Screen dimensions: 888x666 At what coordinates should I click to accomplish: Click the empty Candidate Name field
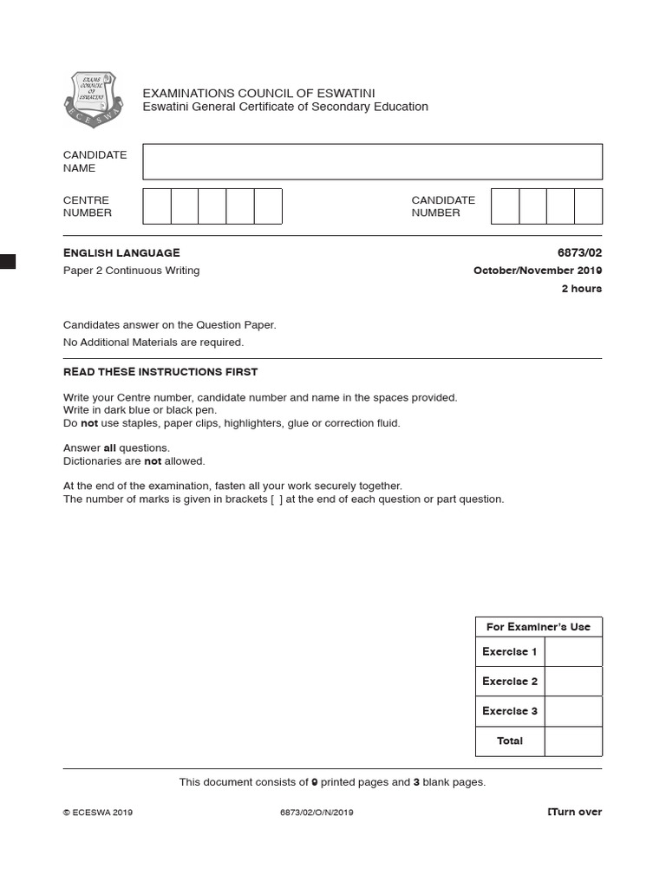[x=372, y=162]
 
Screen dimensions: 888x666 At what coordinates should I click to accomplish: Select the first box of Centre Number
[x=157, y=206]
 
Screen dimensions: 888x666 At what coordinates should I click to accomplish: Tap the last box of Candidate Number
[x=588, y=206]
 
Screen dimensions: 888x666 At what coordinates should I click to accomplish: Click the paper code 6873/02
[x=579, y=252]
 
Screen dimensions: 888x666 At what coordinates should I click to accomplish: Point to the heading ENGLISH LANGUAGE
[x=121, y=252]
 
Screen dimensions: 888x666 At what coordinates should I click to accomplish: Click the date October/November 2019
[x=537, y=271]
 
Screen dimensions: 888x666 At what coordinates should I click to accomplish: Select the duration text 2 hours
[x=581, y=289]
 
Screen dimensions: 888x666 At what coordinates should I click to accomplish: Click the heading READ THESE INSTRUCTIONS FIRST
[x=160, y=372]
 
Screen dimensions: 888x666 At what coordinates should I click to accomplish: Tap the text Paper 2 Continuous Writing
[x=131, y=271]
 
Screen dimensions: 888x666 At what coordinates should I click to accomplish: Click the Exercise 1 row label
[x=510, y=652]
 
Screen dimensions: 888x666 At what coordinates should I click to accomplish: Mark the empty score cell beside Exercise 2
[x=573, y=682]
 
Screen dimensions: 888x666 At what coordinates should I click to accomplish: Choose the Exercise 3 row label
[x=510, y=711]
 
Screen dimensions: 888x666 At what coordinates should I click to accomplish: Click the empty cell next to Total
[x=573, y=741]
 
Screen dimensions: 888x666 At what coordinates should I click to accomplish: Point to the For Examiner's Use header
[x=538, y=627]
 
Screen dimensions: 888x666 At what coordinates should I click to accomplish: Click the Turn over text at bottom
[x=575, y=813]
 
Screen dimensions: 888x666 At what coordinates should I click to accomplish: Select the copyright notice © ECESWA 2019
[x=98, y=813]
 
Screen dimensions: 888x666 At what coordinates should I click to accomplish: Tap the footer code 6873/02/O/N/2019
[x=317, y=813]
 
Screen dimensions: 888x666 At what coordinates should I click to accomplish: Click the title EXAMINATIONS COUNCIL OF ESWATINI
[x=258, y=93]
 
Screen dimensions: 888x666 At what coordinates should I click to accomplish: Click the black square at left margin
[x=8, y=261]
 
